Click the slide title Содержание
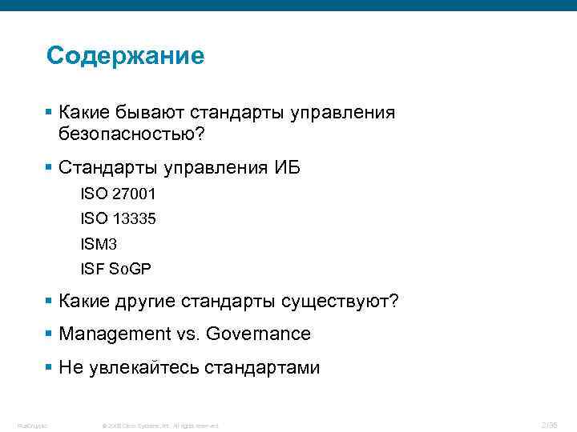click(x=126, y=56)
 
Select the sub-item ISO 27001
click(x=118, y=194)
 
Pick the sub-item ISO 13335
click(x=118, y=218)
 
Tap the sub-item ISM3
click(x=103, y=242)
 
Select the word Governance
click(x=258, y=334)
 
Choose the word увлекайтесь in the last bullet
click(x=141, y=368)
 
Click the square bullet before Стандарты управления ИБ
click(x=50, y=168)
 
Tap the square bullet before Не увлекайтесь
click(x=50, y=368)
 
